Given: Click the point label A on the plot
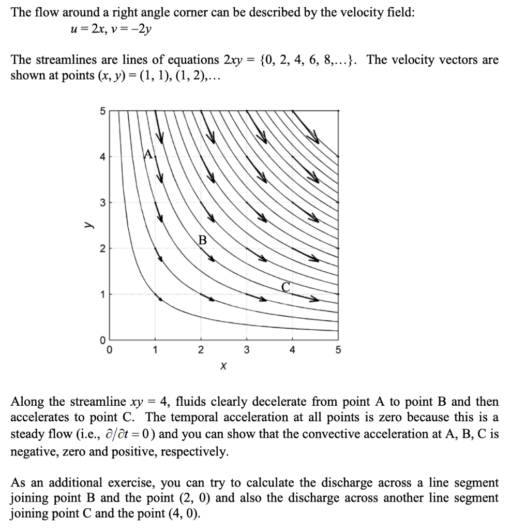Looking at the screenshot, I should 148,153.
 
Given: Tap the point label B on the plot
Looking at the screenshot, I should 202,240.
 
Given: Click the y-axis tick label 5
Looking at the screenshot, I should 102,111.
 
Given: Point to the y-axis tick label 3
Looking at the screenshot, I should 102,202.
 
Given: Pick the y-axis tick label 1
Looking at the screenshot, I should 102,294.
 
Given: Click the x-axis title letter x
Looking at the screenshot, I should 223,366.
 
